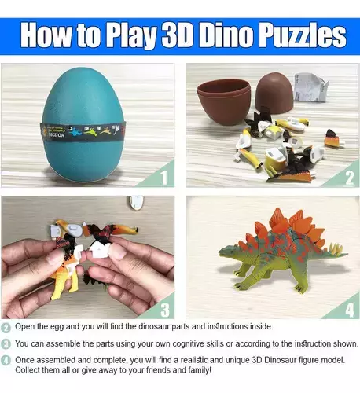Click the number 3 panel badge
coord(163,309)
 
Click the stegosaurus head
coord(226,252)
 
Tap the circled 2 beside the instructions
coord(6,327)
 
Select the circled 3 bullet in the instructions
coord(6,343)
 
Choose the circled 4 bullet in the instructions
coord(6,360)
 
